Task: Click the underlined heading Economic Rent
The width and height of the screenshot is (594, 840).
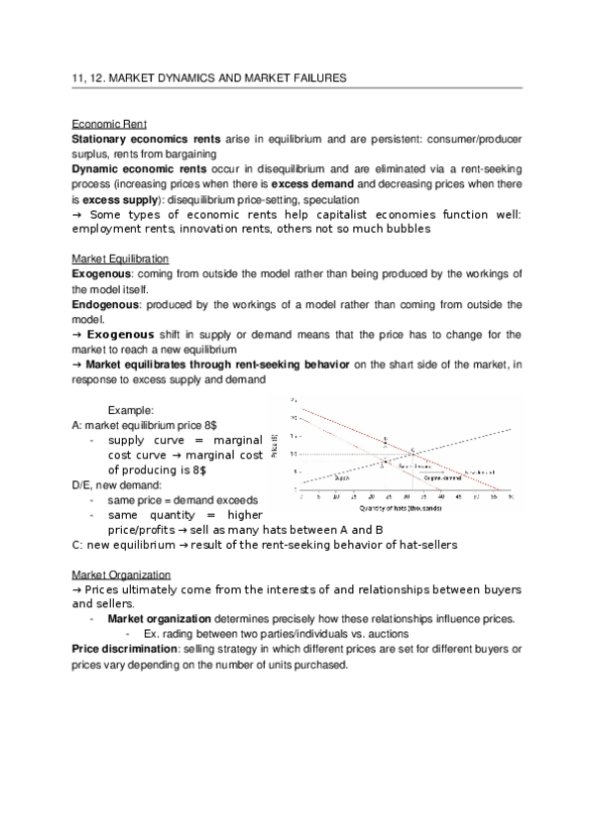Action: click(110, 124)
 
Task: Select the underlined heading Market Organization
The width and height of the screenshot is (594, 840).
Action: click(122, 575)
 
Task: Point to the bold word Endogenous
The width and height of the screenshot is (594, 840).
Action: click(106, 305)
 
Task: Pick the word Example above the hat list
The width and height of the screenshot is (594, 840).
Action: click(131, 409)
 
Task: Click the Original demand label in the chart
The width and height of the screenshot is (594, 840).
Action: click(442, 477)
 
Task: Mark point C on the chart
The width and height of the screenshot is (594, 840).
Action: click(414, 450)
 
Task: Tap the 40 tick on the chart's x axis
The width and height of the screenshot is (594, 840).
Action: click(439, 497)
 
